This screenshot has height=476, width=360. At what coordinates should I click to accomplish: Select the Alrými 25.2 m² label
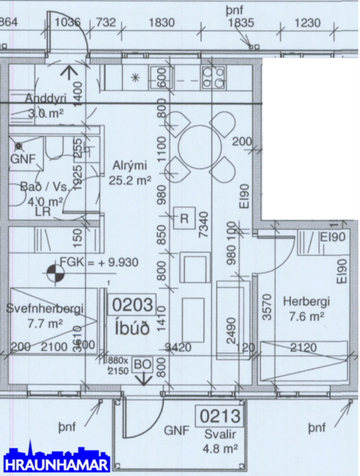pyautogui.click(x=130, y=173)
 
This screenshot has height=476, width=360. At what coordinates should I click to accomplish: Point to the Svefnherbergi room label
pyautogui.click(x=45, y=316)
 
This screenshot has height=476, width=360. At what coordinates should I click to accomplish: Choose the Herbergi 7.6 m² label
pyautogui.click(x=306, y=309)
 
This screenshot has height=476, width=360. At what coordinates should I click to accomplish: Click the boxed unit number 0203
pyautogui.click(x=133, y=305)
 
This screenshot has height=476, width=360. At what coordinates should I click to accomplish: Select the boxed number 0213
pyautogui.click(x=221, y=417)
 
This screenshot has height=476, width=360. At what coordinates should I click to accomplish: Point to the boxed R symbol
pyautogui.click(x=184, y=217)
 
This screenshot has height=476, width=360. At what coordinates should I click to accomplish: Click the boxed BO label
pyautogui.click(x=142, y=364)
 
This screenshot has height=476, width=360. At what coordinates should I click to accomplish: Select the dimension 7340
pyautogui.click(x=203, y=229)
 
